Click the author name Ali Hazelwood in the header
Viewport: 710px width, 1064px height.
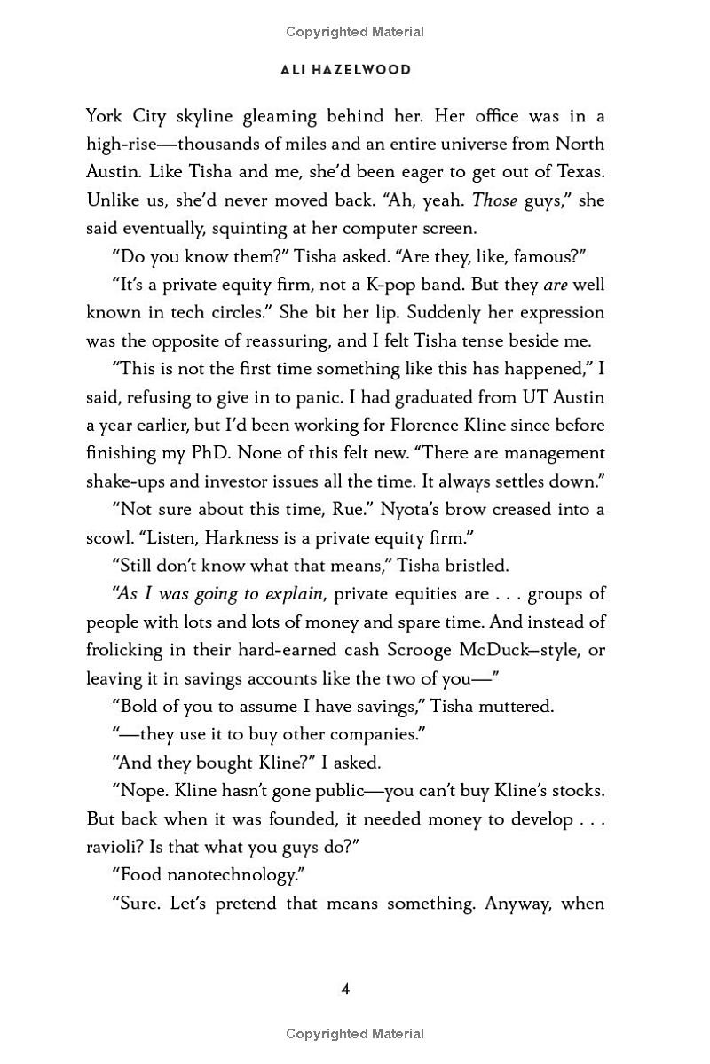click(346, 70)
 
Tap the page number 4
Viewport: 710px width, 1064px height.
click(346, 989)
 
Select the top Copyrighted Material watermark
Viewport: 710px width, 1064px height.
click(355, 32)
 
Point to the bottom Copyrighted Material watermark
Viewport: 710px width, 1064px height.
click(355, 1034)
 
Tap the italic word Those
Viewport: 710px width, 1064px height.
click(494, 199)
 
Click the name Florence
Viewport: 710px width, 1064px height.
click(414, 425)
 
